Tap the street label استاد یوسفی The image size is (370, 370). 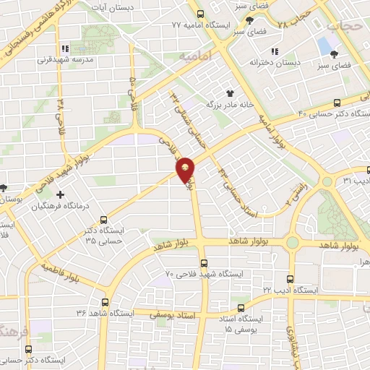coord(171,314)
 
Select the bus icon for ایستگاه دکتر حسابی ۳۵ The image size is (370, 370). coord(104,220)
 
